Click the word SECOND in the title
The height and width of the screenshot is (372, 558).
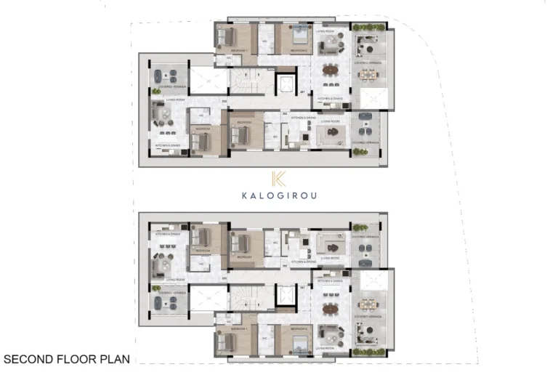[26, 358]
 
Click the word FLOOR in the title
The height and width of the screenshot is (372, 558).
[71, 358]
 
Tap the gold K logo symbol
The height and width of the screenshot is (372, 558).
[278, 179]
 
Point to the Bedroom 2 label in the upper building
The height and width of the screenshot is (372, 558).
[298, 50]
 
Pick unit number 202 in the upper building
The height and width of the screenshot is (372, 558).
[286, 114]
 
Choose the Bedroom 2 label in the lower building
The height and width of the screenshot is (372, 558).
[298, 329]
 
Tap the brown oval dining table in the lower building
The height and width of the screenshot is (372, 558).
[330, 308]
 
